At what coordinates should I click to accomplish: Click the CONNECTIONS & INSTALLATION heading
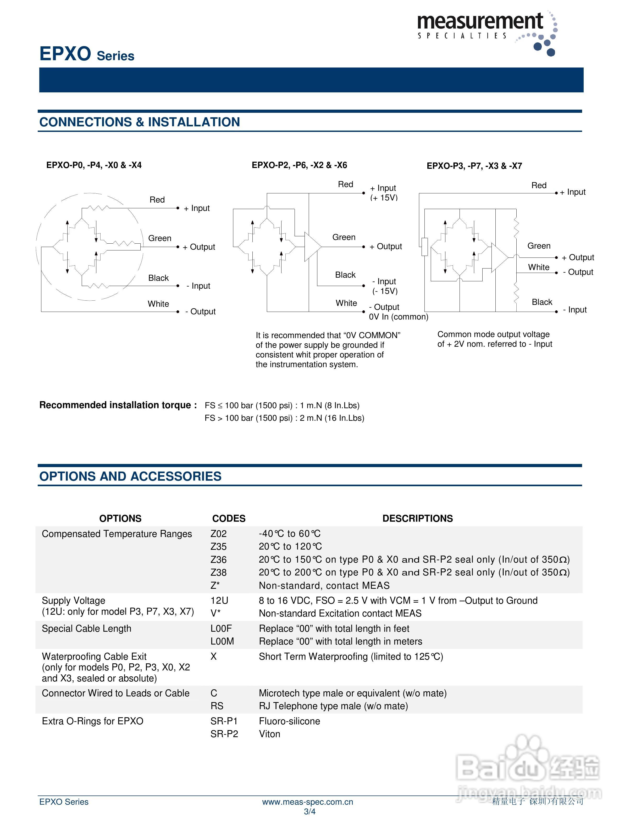point(139,122)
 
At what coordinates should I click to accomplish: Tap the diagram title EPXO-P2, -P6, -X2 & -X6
point(299,165)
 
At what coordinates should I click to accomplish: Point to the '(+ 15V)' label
point(384,198)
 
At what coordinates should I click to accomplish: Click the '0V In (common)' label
point(398,317)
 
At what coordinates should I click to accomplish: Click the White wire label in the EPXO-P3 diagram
point(538,267)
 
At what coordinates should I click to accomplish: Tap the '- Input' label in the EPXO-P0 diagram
point(198,286)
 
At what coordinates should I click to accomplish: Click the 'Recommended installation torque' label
point(118,405)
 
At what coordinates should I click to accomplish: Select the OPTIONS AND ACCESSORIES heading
point(130,476)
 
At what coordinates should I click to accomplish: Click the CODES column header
point(229,518)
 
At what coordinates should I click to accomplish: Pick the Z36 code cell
point(218,559)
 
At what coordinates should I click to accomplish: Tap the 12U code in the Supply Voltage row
point(219,601)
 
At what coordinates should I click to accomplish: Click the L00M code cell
point(222,641)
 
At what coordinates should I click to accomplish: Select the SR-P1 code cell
point(224,721)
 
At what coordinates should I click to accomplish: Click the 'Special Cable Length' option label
point(87,629)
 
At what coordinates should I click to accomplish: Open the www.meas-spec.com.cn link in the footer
point(308,802)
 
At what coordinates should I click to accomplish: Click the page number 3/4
point(310,812)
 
